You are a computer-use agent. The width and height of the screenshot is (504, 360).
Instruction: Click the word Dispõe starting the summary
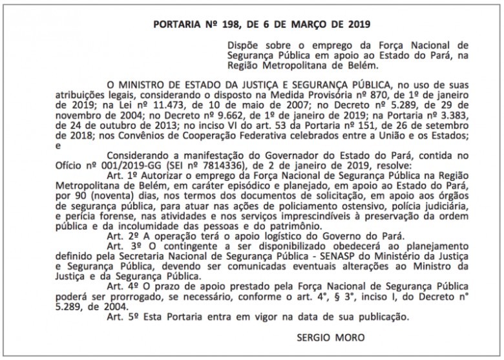pos(244,46)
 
